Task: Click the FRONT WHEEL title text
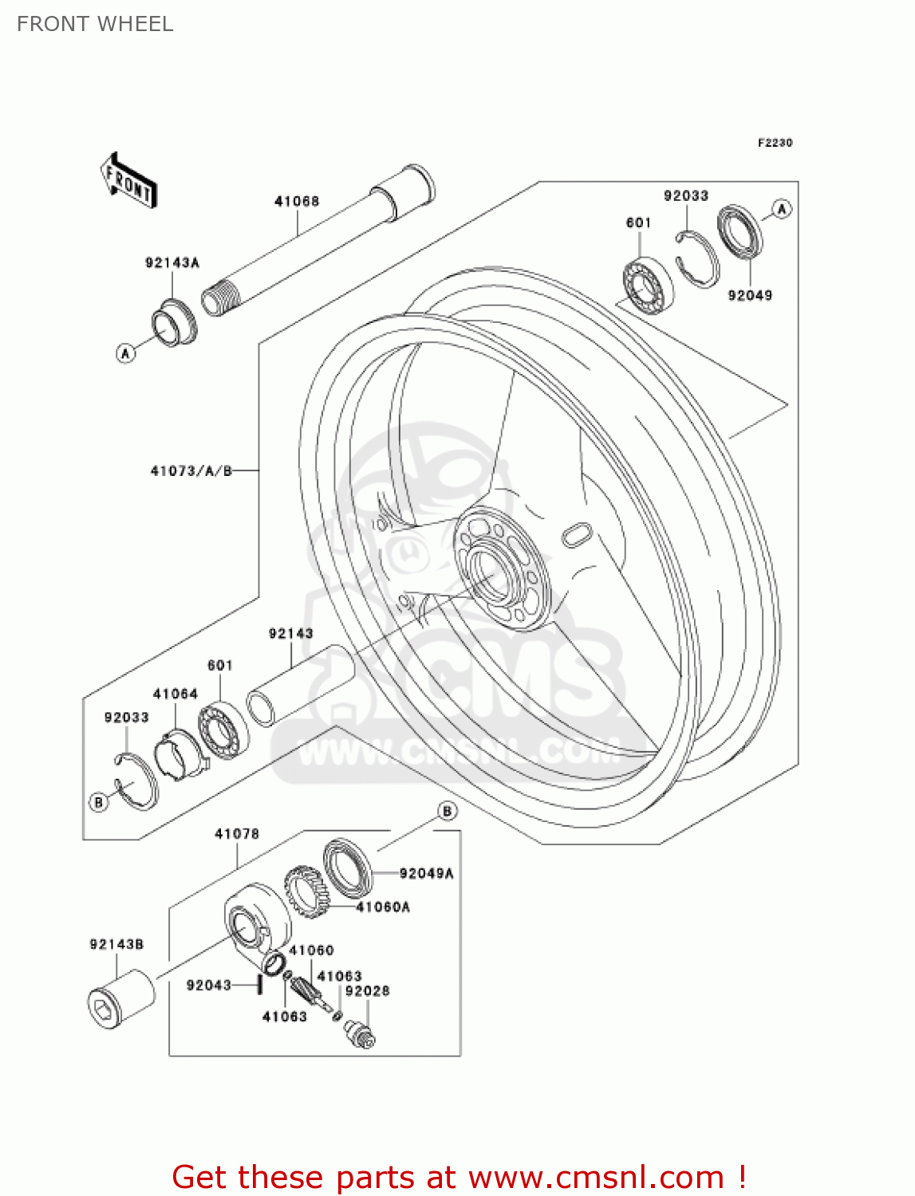coord(95,24)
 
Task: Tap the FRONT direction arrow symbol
coord(128,181)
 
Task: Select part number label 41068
coord(297,201)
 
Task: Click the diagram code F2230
coord(775,143)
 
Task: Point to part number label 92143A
coord(172,262)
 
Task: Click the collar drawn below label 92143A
coord(174,322)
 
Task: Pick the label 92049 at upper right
coord(750,295)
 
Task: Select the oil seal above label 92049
coord(739,232)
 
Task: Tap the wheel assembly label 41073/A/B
coord(191,471)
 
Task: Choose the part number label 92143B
coord(116,944)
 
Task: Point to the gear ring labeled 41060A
coord(305,892)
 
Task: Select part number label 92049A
coord(426,873)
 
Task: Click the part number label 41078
coord(237,833)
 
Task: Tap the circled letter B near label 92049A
coord(448,811)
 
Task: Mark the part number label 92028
coord(367,991)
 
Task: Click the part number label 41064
coord(176,694)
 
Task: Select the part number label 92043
coord(209,986)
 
